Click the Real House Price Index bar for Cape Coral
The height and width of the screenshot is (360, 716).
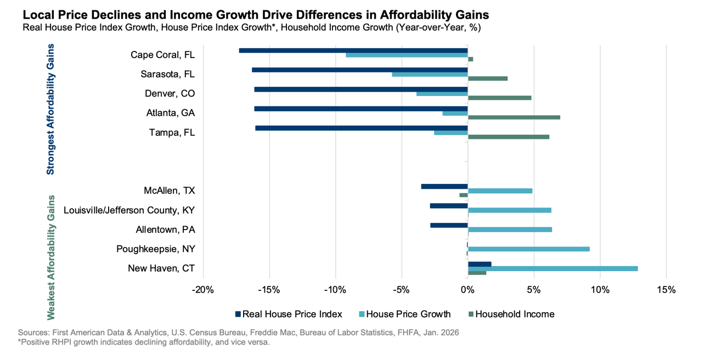(x=353, y=50)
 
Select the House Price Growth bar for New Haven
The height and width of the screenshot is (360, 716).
(x=552, y=268)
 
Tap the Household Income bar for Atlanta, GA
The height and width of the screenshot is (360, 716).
(x=514, y=117)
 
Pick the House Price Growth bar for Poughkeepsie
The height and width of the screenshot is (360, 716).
(x=528, y=249)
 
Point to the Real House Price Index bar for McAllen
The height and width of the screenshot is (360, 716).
(x=444, y=187)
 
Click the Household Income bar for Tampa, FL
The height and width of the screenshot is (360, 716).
(x=508, y=137)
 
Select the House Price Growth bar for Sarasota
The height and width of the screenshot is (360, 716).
(x=430, y=74)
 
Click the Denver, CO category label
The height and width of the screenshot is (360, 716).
(x=170, y=94)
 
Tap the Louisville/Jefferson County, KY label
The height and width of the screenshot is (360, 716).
(x=129, y=210)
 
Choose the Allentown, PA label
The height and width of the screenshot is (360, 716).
(x=165, y=229)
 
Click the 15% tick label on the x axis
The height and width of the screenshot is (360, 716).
(x=666, y=289)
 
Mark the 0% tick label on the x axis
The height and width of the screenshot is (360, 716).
(x=467, y=289)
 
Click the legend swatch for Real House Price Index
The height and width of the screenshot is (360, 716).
(x=238, y=314)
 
